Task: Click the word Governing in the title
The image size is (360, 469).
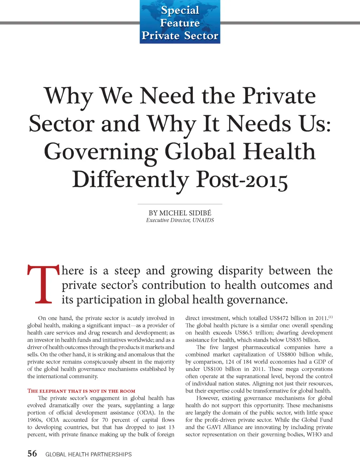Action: (101, 152)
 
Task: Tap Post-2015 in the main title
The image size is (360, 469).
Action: (242, 180)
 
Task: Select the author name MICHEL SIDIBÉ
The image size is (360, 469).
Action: (185, 213)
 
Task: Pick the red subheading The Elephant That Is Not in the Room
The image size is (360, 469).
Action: (81, 391)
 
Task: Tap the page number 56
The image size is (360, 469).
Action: (32, 454)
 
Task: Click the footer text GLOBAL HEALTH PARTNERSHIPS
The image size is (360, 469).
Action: (89, 454)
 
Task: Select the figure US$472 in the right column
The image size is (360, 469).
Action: (279, 318)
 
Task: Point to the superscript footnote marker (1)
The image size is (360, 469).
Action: (330, 317)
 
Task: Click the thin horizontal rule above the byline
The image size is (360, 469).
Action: (180, 204)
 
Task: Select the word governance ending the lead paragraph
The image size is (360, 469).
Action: (257, 300)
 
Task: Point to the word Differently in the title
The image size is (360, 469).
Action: (131, 180)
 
